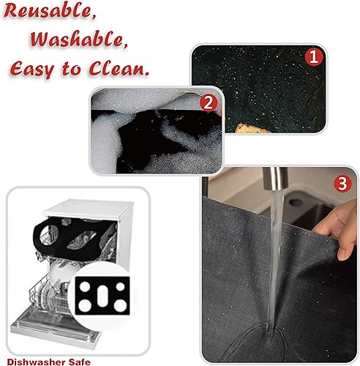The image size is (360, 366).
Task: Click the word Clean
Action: tap(121, 69)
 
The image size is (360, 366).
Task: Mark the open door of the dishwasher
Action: tap(51, 329)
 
